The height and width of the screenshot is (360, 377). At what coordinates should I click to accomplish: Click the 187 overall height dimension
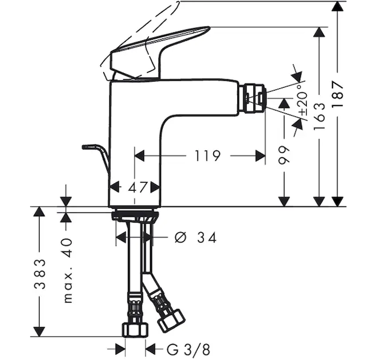coord(337,94)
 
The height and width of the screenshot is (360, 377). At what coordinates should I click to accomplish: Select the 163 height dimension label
coord(319,116)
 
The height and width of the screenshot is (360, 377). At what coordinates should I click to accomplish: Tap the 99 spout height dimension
coord(284,155)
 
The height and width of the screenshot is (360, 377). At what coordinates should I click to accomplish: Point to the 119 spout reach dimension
coord(207,156)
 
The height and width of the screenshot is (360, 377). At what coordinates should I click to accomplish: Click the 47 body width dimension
coord(137,187)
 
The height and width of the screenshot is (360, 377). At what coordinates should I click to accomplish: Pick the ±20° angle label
coord(303,99)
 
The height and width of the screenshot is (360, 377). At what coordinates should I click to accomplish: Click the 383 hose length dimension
coord(39,274)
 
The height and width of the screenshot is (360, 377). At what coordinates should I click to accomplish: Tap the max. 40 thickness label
coord(68,271)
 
